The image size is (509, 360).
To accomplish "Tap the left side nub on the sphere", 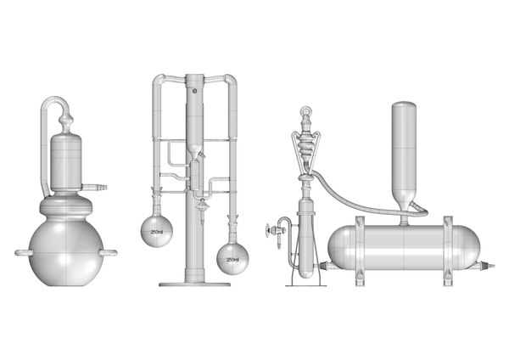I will coord(20,252).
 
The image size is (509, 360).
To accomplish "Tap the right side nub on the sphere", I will coord(110,252).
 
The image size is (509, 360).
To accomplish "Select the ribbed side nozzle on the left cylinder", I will coord(99,183).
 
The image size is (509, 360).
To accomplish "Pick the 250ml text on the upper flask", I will coord(156,232).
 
